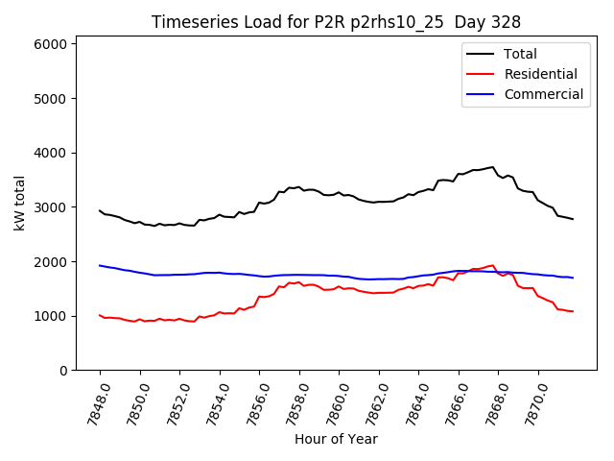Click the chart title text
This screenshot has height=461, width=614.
point(336,22)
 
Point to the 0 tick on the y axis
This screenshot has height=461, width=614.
point(62,371)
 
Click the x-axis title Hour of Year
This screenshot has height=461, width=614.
point(336,439)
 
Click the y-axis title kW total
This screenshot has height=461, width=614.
point(19,204)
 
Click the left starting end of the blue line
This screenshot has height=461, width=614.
point(100,265)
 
